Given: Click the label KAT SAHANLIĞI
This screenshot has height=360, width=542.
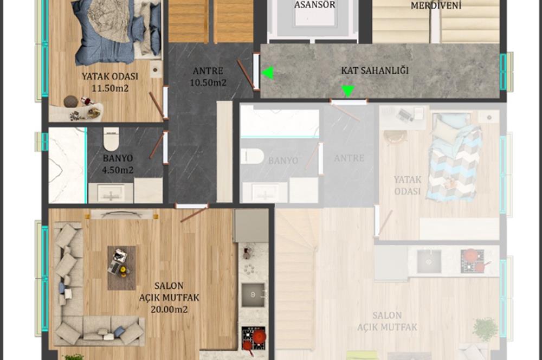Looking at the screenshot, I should (375, 71).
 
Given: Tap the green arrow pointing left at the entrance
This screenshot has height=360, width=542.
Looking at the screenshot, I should (268, 73).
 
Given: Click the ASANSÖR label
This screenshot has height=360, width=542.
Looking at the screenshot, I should (314, 5).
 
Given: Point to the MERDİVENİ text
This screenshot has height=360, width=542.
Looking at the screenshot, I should (435, 5).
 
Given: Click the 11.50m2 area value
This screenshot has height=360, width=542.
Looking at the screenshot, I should (110, 88).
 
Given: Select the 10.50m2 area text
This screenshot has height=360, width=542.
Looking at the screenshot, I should (208, 83).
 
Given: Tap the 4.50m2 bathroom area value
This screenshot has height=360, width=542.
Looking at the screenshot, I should (118, 170).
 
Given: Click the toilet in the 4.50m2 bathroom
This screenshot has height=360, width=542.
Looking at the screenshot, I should (111, 139).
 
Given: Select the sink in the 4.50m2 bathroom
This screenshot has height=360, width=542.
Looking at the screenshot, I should (111, 192).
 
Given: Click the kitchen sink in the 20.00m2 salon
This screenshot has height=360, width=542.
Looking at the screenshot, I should (253, 294).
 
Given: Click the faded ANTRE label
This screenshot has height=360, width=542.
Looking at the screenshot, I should (349, 158).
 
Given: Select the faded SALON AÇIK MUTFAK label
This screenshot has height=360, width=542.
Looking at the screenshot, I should (387, 321).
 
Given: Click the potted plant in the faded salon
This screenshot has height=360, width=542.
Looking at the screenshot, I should (485, 328).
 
